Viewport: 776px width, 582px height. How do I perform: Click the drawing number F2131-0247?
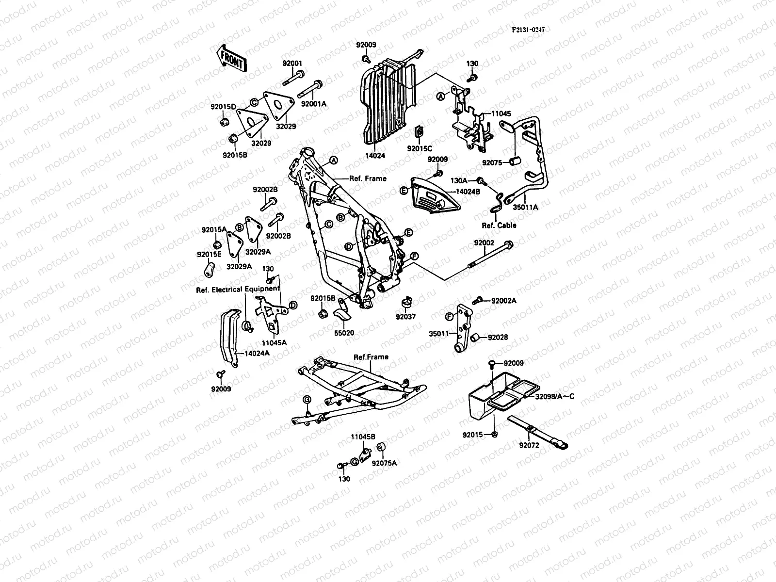(x=528, y=30)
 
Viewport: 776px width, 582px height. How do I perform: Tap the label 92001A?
(x=314, y=104)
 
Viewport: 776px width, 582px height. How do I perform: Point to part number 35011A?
(x=526, y=208)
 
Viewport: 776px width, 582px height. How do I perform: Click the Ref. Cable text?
(x=499, y=225)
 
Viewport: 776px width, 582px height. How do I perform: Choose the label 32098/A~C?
(x=554, y=396)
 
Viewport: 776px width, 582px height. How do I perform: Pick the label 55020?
(x=344, y=333)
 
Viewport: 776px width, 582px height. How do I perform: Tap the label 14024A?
(x=257, y=353)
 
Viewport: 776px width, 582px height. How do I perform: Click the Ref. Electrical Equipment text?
(x=238, y=289)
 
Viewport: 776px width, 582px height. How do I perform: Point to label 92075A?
(x=384, y=463)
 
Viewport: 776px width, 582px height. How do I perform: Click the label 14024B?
(x=468, y=191)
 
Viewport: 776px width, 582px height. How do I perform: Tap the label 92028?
(x=498, y=337)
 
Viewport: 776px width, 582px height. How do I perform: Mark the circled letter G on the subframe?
(x=306, y=399)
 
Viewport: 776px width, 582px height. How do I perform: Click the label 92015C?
(x=420, y=148)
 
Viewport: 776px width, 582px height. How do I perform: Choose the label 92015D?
(x=223, y=107)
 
